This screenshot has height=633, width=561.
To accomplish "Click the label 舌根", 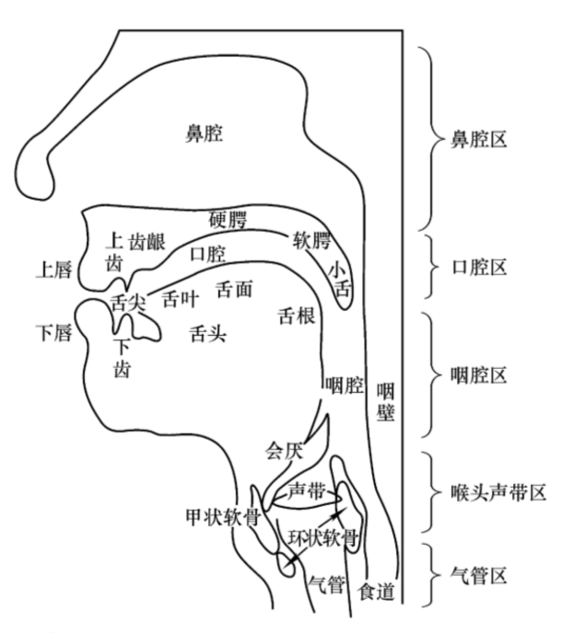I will tap(297, 316).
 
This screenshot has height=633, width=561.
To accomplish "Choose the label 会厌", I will tap(284, 451).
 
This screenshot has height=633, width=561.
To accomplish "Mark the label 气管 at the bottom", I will tap(327, 582).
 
